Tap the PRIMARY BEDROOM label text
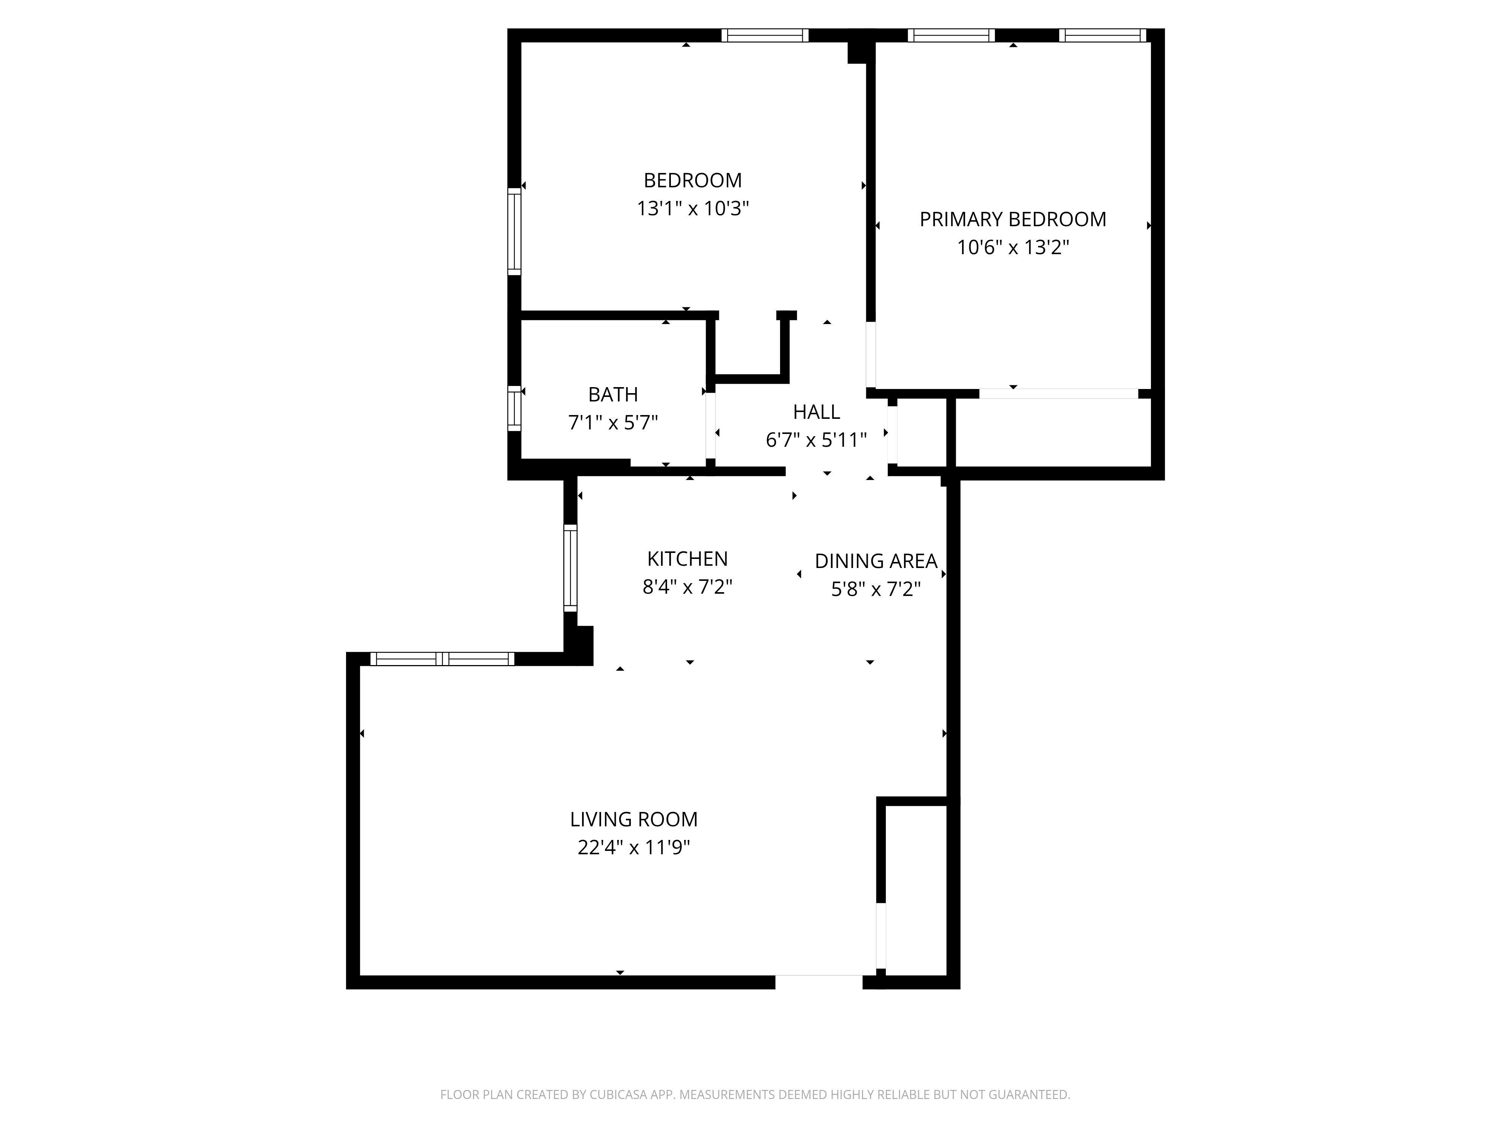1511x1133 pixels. coord(1012,219)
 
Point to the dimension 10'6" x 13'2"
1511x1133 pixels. coord(1012,247)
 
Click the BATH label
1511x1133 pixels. coord(613,395)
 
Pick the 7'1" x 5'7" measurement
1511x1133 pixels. coord(613,423)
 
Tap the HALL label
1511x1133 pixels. coord(816,412)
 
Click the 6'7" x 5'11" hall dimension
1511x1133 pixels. coord(816,440)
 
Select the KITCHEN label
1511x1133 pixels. coord(687,559)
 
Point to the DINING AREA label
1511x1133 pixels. coord(876,561)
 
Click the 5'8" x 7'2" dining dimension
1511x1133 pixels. coord(876,589)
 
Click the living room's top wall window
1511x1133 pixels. coord(442,659)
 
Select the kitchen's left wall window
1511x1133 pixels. coord(570,568)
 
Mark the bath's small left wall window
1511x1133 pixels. coord(514,408)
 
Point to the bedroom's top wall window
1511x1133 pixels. coord(765,36)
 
